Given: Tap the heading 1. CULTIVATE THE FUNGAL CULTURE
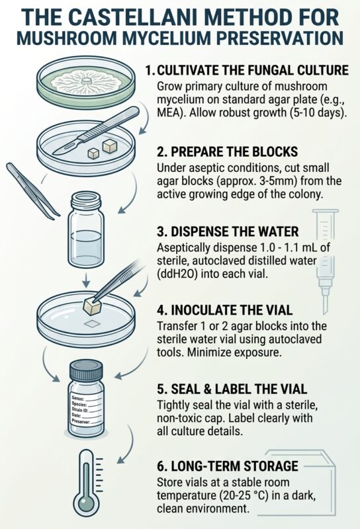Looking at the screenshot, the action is coord(247,70).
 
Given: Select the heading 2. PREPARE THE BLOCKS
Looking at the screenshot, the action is coord(227,152).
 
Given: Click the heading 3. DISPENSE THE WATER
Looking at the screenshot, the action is coord(228,232).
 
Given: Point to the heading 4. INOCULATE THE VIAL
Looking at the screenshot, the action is coord(224,310).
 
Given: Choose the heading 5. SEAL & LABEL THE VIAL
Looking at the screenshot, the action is coord(232,389).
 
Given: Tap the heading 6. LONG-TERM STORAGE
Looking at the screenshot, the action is coord(228,466).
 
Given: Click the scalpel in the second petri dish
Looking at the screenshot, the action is coord(95,131).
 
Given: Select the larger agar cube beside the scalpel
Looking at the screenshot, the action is coord(110,146).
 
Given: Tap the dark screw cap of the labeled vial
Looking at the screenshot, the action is coord(86,370).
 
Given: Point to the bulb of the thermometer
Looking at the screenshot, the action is coord(87,505).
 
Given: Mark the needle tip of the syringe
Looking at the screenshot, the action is coord(325,312).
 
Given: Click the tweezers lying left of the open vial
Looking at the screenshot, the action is coord(32,191).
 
